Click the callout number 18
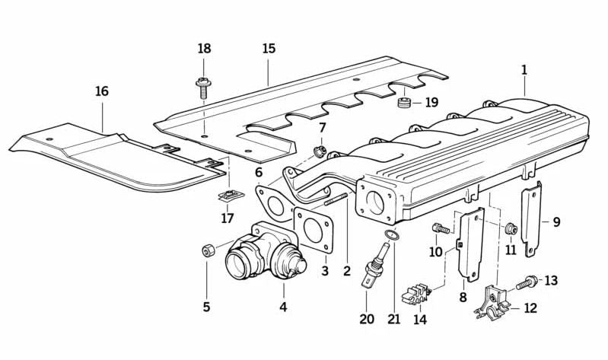(x=204, y=49)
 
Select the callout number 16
(x=101, y=91)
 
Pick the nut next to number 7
(x=320, y=150)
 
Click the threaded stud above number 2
(x=338, y=201)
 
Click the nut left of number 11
(x=511, y=228)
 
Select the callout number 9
(x=556, y=222)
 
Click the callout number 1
(x=524, y=69)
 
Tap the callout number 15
(x=269, y=49)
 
